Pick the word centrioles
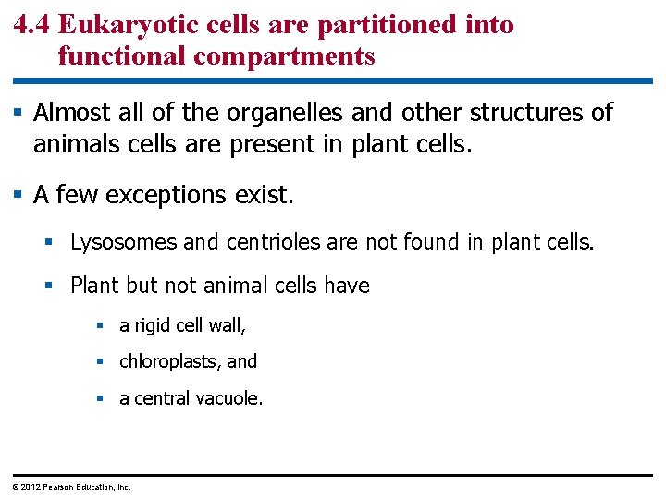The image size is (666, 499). (264, 242)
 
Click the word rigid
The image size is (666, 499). (152, 325)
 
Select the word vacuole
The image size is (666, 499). (231, 398)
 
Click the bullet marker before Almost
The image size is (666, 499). (18, 113)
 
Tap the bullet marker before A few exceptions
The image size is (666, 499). (18, 196)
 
